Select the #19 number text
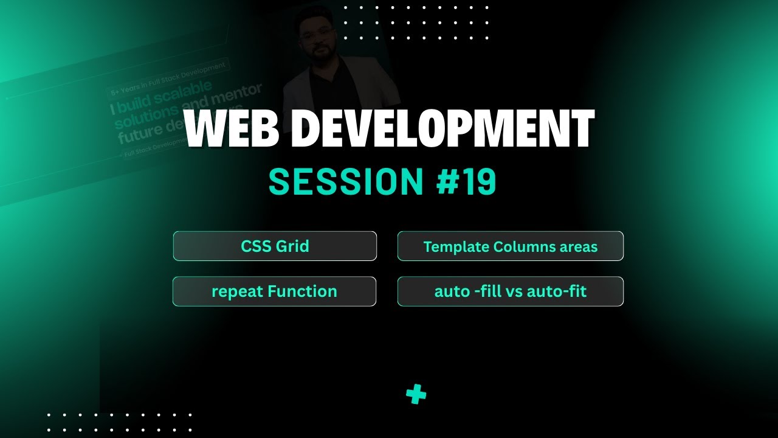pyautogui.click(x=466, y=181)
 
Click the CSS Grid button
pyautogui.click(x=275, y=246)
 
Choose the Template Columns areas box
pyautogui.click(x=510, y=246)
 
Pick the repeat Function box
pyautogui.click(x=274, y=291)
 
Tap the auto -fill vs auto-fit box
pyautogui.click(x=510, y=291)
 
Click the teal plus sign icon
pyautogui.click(x=416, y=394)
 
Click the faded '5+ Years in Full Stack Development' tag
pyautogui.click(x=168, y=78)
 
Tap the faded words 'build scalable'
pyautogui.click(x=165, y=98)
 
